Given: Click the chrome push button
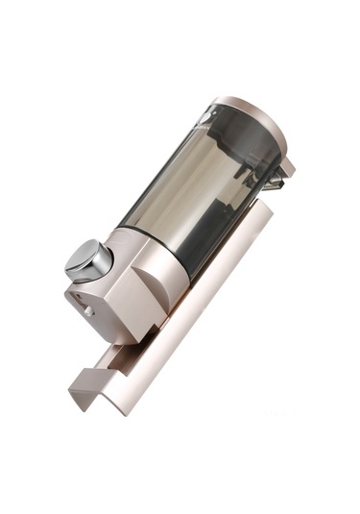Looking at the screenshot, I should coord(87,260).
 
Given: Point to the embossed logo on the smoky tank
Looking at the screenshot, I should coord(210,124).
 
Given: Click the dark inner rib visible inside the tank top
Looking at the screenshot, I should coord(245,154).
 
